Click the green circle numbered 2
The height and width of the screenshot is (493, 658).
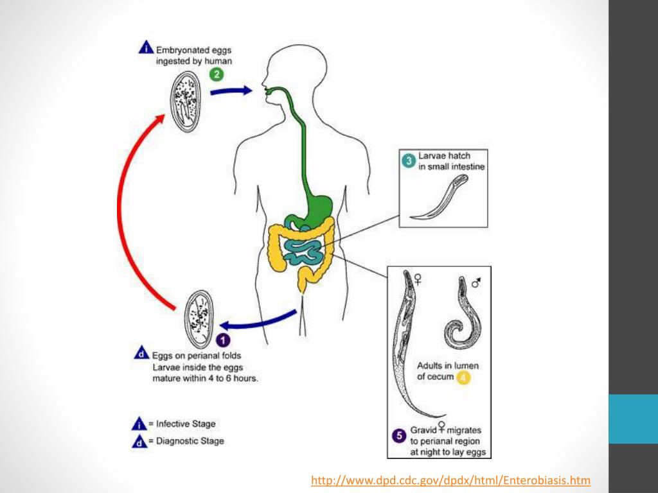(x=217, y=74)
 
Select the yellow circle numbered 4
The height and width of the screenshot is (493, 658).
(x=463, y=377)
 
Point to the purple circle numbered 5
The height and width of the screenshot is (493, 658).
(x=399, y=437)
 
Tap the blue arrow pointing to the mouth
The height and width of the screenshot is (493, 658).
(x=231, y=91)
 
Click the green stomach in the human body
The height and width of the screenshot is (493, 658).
(x=319, y=205)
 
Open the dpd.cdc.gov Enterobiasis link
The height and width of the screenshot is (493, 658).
(x=450, y=481)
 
